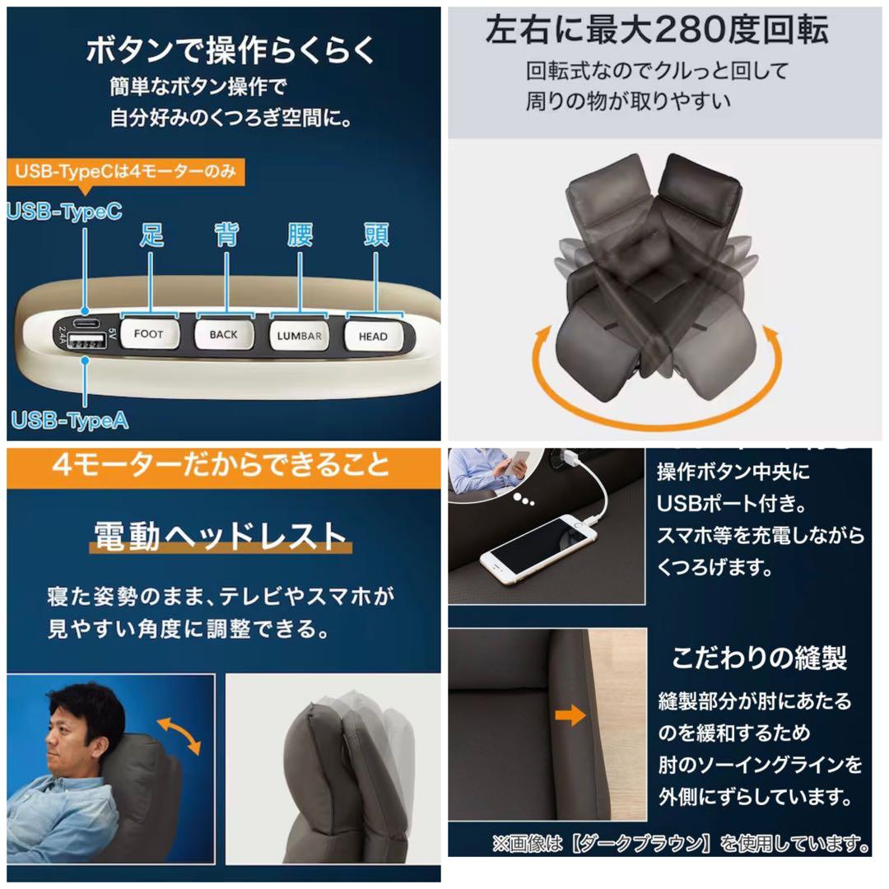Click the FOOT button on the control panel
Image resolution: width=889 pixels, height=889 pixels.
pos(149,334)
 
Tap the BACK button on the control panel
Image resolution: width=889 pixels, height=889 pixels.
pos(223,334)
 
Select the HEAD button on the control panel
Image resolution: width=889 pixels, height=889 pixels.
pos(373,336)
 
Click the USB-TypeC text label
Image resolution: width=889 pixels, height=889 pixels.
pos(65,212)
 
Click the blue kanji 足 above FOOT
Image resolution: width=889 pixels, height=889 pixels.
pos(151,235)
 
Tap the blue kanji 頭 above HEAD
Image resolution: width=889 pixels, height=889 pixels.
pos(375,235)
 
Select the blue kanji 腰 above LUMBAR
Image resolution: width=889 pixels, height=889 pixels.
pos(300,235)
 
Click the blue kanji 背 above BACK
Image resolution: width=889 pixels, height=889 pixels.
pos(226,235)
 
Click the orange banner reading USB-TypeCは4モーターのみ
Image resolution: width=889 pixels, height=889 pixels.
pos(128,172)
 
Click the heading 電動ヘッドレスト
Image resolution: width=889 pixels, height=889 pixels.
pos(220,536)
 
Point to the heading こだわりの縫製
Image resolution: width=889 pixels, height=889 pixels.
pos(759,658)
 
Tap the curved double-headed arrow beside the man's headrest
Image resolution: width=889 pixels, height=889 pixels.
pos(179,735)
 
